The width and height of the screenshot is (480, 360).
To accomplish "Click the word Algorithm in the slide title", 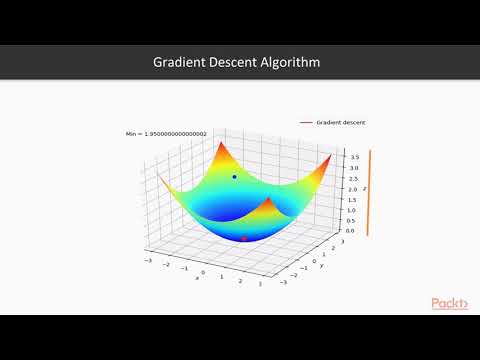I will (292, 62).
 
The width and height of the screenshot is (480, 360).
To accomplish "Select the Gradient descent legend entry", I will (340, 122).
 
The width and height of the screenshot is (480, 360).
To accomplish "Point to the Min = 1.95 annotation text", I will (166, 133).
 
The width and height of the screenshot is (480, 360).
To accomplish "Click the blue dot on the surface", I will (235, 177).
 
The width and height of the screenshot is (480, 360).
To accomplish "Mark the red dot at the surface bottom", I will (244, 238).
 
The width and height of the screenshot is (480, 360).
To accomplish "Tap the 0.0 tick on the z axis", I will (342, 231).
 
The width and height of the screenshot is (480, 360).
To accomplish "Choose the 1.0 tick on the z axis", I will (342, 210).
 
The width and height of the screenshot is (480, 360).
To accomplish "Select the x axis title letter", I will (197, 278).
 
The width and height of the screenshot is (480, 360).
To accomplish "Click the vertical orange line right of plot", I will (369, 193).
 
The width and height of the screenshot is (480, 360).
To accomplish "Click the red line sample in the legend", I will (306, 122).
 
